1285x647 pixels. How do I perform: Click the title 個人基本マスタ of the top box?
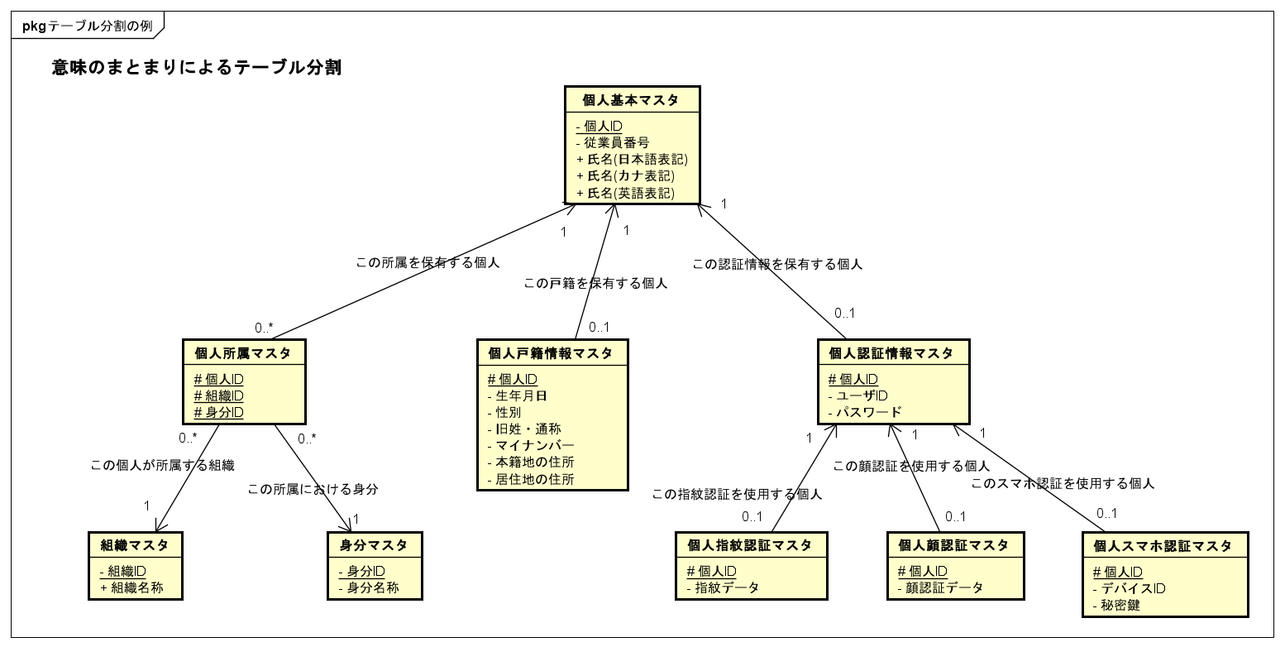click(x=631, y=101)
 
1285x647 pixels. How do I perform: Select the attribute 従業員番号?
click(x=616, y=142)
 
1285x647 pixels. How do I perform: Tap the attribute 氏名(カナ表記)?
click(x=631, y=176)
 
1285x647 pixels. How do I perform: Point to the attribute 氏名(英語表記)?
click(x=631, y=194)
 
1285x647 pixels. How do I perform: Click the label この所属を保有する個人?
click(x=428, y=263)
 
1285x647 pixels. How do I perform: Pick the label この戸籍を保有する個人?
click(x=595, y=283)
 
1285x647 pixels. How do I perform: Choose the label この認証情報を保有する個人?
click(x=777, y=265)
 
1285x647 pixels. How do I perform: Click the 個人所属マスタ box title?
click(x=242, y=353)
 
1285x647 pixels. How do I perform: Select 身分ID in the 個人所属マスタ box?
click(x=219, y=412)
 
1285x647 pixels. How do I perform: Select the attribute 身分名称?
click(x=373, y=588)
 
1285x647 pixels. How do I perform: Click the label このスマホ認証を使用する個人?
click(x=1063, y=483)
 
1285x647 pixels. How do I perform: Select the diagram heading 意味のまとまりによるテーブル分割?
click(x=197, y=69)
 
